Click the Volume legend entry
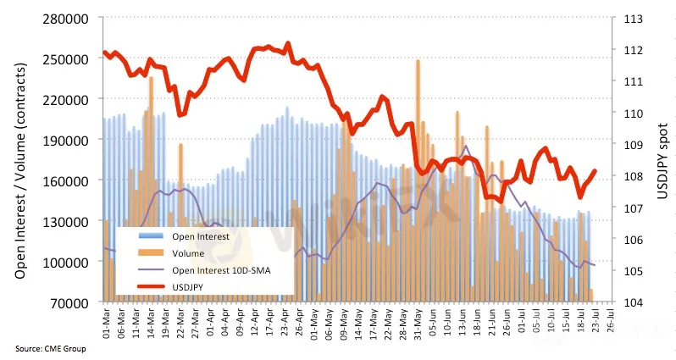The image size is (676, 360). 187,254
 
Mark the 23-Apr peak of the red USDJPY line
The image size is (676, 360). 288,43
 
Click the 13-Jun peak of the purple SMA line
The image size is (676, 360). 465,147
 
